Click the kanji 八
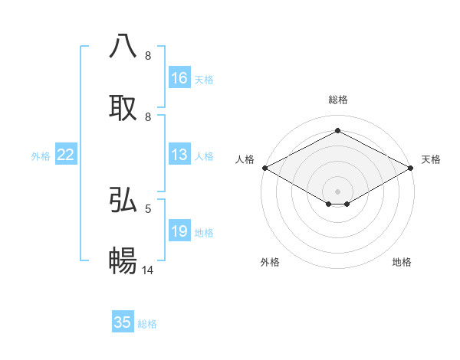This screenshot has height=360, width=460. pos(123,46)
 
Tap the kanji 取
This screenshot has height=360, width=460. pos(123,107)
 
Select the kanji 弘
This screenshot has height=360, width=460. pos(123,199)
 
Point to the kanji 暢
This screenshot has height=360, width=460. pos(123,261)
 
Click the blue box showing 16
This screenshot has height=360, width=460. pos(179,78)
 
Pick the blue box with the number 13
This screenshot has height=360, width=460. pos(179,155)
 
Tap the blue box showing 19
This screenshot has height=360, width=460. pos(179,232)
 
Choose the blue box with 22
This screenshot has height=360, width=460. pos(66,155)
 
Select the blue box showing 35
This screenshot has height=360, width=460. pos(123,322)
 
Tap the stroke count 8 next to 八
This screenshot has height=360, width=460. pos(148,56)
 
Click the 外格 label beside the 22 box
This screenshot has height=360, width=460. pos(41,156)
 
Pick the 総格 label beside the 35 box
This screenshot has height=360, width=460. pos(147,324)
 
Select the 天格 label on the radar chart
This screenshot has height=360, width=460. pos(431,159)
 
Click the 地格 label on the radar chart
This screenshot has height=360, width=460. pos(402,262)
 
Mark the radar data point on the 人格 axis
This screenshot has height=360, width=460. pos(264,168)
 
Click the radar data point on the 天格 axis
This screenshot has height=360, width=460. pos(411,168)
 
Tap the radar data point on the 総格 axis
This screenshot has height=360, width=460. pos(337,130)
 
